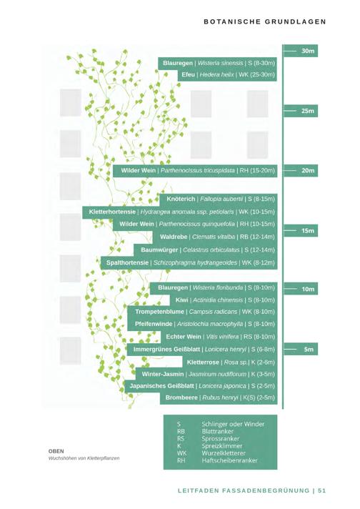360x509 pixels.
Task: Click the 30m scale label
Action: tap(308, 51)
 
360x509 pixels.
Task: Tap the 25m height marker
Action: tap(308, 111)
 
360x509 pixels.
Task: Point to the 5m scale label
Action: tap(309, 350)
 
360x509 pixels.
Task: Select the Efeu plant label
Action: tap(188, 74)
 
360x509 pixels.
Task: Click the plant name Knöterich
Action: tap(181, 199)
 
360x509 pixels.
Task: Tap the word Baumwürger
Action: tap(159, 249)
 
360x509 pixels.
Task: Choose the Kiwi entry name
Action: tap(181, 300)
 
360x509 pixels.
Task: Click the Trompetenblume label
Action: tap(159, 312)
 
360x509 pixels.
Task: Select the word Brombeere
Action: tap(181, 397)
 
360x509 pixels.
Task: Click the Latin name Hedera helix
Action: tap(216, 74)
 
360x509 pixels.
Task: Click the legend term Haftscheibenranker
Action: tap(229, 460)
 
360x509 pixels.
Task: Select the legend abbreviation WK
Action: tap(181, 453)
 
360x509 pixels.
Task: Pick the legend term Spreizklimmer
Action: tap(222, 446)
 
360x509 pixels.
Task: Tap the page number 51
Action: tap(321, 490)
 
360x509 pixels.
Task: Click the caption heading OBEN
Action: tap(56, 451)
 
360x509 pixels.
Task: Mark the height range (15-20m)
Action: tap(262, 170)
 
